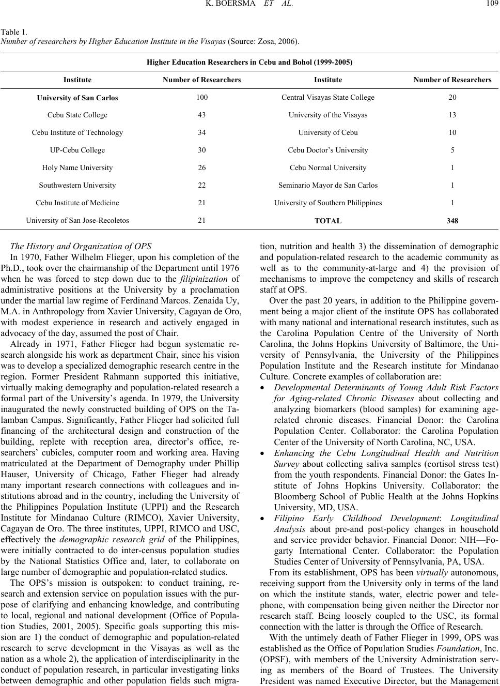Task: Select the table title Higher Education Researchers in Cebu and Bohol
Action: click(249, 62)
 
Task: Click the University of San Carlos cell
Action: click(77, 98)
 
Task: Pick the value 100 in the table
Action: click(201, 97)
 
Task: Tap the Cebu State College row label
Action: click(77, 115)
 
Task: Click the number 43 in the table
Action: click(201, 115)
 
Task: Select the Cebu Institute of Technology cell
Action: click(77, 132)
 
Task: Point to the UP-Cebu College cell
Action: click(77, 150)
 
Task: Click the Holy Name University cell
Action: click(77, 167)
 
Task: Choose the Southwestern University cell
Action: click(77, 185)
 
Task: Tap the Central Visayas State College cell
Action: click(328, 97)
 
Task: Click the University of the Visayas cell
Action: click(328, 115)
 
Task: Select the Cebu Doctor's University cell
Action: click(328, 150)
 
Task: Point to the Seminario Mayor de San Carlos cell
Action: click(328, 185)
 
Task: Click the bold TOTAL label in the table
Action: click(328, 221)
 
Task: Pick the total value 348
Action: click(452, 221)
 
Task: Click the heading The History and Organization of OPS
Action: click(81, 246)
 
